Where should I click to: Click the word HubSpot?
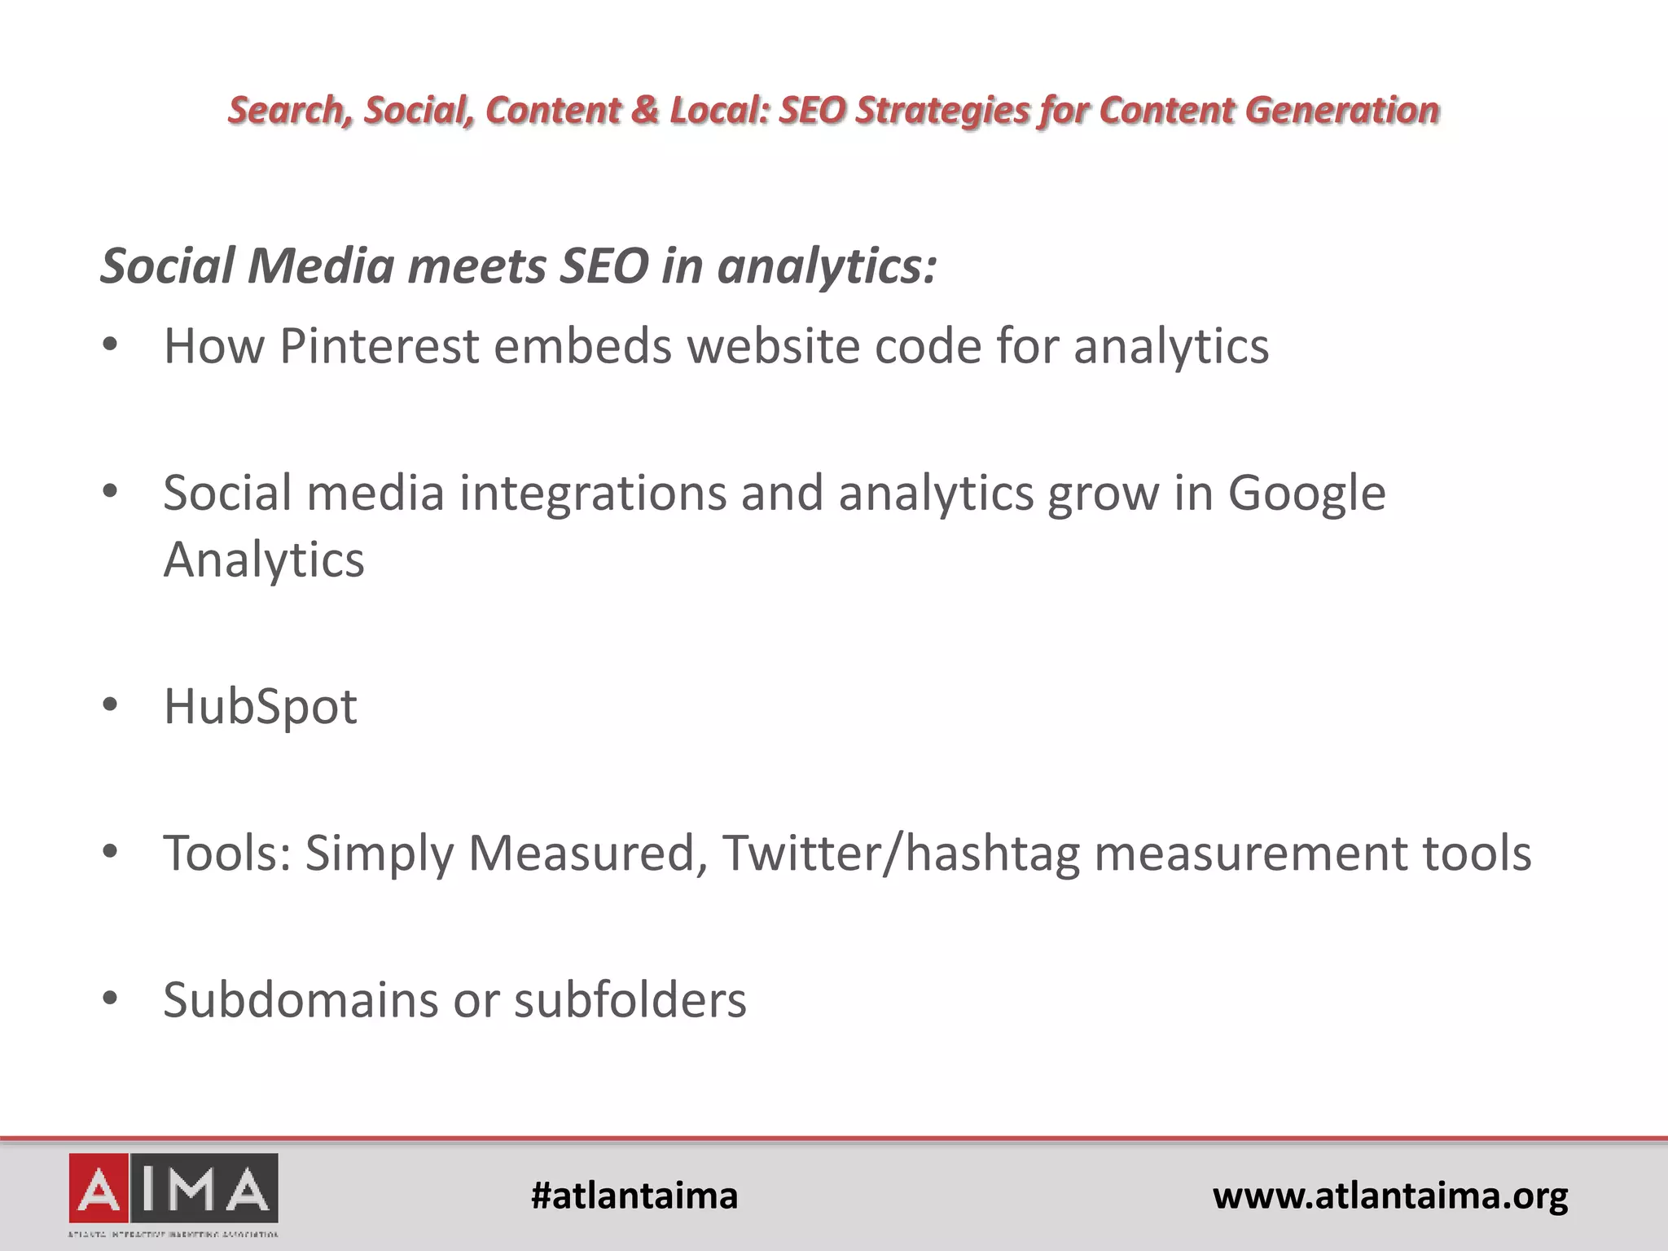tap(260, 706)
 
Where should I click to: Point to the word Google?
tap(1306, 493)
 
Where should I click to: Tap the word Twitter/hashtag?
tap(900, 853)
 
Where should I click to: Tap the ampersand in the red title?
tap(645, 111)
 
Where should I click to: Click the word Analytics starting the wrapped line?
tap(264, 560)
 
